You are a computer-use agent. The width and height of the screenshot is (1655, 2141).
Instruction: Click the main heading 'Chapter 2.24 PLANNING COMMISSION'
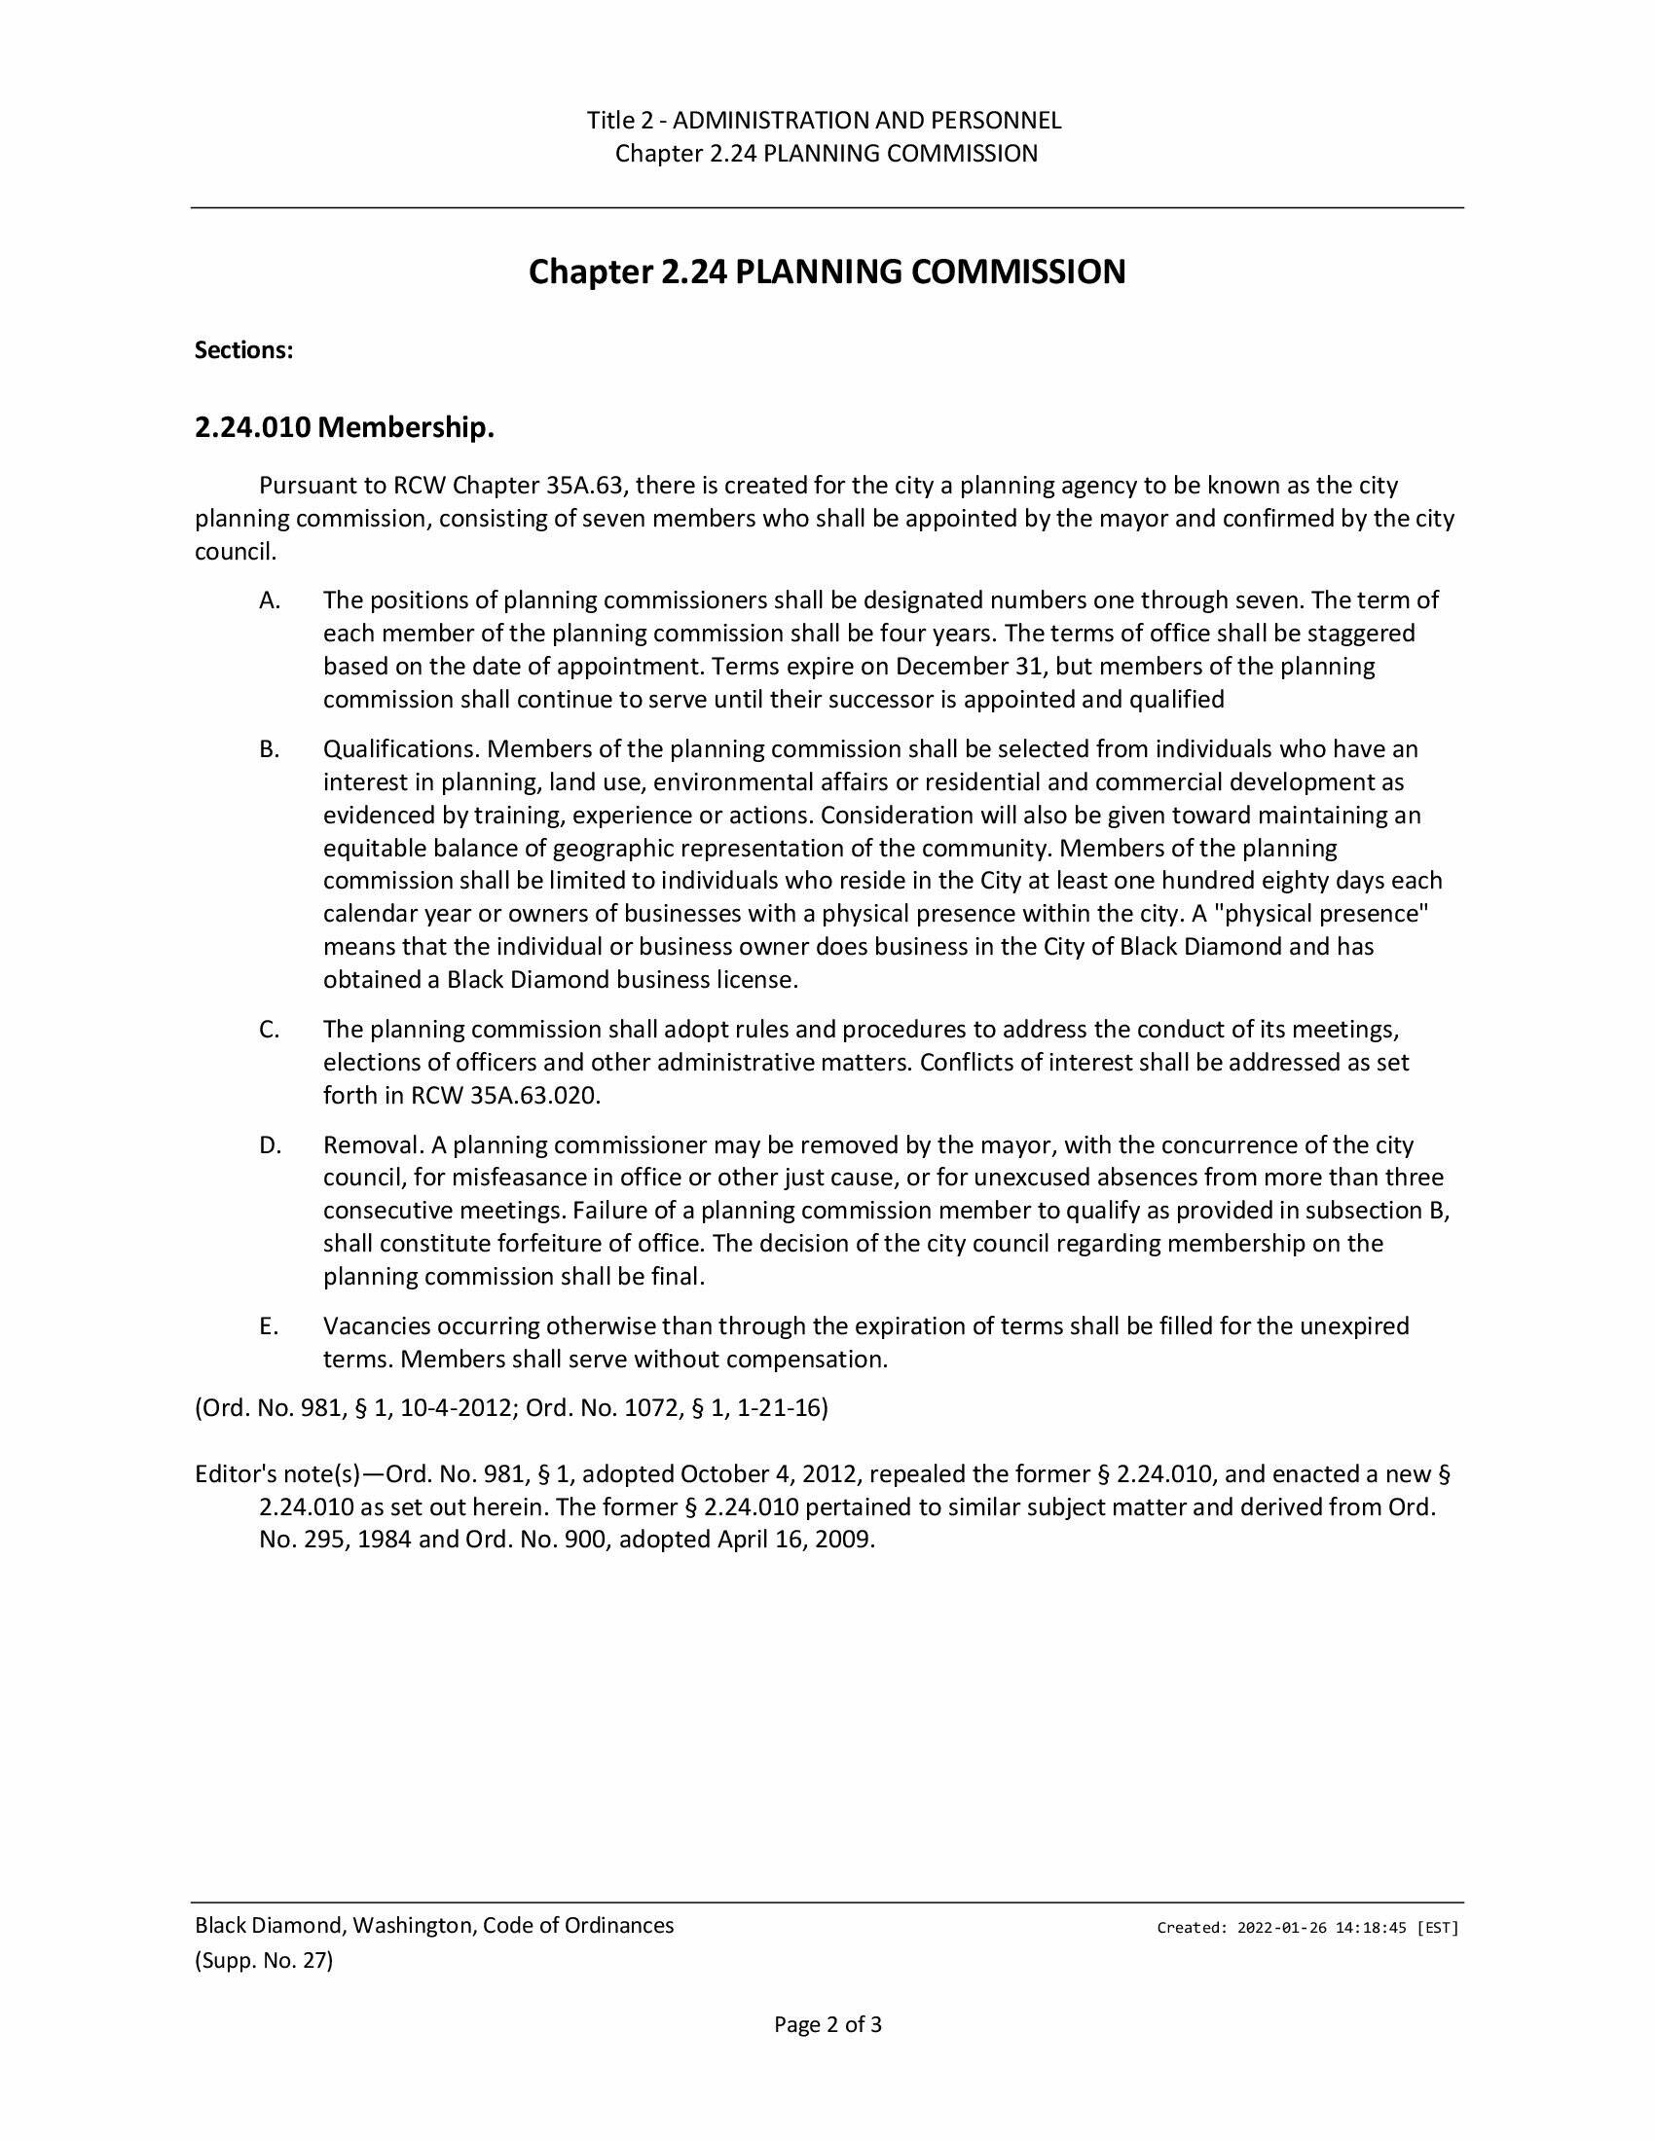point(827,272)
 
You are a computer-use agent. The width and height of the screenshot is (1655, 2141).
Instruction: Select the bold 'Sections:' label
point(244,351)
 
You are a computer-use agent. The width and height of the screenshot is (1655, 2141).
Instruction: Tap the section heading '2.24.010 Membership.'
point(344,427)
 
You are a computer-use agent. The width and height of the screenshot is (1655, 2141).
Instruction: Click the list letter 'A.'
point(270,599)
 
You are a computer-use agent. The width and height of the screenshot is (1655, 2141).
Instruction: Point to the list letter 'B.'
point(270,749)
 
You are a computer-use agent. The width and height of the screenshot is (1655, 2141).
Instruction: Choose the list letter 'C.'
point(270,1030)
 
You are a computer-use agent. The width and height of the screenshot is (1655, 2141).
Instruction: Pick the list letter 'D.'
point(270,1145)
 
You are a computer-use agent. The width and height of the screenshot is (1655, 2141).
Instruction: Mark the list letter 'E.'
point(270,1326)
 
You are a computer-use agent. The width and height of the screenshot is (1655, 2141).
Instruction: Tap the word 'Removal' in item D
point(372,1145)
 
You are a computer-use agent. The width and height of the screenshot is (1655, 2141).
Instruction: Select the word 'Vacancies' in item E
point(377,1326)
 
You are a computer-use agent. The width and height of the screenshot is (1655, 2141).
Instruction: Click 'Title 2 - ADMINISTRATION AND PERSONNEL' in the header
point(824,121)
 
